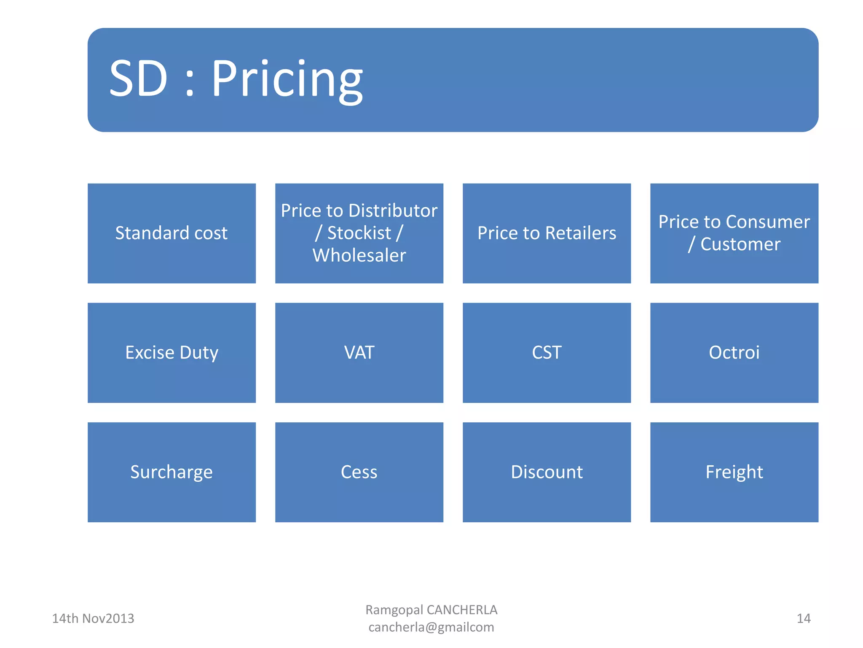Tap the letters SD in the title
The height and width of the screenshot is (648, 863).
pos(138,79)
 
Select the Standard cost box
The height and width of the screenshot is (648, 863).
pos(172,233)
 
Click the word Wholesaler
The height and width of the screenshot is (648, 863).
pos(359,256)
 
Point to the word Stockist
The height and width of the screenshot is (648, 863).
pos(359,233)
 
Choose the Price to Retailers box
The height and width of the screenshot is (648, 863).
pos(547,233)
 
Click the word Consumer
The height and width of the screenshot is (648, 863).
pos(768,222)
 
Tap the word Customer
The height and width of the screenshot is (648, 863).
pos(740,244)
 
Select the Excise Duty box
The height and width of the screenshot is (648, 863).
pos(172,353)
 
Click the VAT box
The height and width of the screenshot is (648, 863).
pos(359,353)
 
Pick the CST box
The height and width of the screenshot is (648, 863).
pos(547,353)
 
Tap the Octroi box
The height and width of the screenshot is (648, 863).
pos(734,353)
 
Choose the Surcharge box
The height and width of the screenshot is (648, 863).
pos(172,472)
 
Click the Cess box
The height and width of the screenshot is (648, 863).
pos(359,472)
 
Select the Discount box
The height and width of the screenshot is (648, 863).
pos(547,472)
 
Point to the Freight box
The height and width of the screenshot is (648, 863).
pos(734,472)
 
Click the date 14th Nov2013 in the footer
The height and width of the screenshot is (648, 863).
pos(93,618)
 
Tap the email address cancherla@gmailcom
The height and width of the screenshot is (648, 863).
pos(431,627)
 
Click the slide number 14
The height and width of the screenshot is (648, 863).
pos(803,618)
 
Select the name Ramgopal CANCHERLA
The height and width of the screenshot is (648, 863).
pos(431,610)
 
